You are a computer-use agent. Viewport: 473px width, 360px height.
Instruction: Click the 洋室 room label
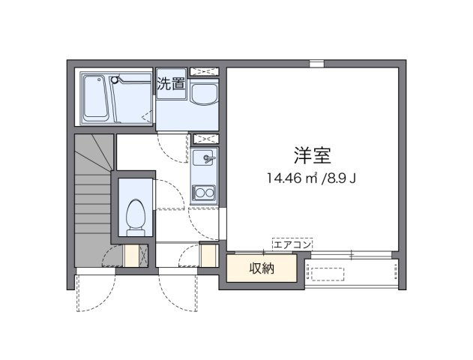tap(313, 155)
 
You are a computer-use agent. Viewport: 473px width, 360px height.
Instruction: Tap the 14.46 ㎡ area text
tap(292, 178)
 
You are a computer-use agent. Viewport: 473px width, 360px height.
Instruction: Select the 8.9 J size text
tap(340, 178)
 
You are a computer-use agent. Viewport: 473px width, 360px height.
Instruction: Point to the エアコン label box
tap(292, 244)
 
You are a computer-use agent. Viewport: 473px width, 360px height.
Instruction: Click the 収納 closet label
tap(262, 268)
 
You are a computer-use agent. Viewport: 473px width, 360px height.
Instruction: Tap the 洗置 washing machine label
tap(171, 84)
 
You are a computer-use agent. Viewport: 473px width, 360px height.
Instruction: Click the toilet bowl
tap(136, 214)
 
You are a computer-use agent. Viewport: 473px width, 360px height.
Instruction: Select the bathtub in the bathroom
tap(95, 98)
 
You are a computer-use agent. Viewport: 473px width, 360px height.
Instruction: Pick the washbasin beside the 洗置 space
tap(205, 93)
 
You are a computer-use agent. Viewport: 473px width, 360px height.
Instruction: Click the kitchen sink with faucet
tap(204, 156)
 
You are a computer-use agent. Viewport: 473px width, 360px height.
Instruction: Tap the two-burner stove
tap(204, 193)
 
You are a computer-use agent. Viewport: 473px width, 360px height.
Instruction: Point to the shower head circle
tap(114, 79)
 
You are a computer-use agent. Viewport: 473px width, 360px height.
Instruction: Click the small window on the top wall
tap(316, 64)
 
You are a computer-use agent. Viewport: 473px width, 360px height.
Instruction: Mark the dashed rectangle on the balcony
tap(328, 274)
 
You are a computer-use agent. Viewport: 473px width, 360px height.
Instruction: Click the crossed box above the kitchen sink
tap(206, 139)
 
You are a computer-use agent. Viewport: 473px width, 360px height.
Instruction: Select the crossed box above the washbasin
tap(204, 71)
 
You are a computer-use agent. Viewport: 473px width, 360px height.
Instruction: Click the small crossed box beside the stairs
tap(143, 256)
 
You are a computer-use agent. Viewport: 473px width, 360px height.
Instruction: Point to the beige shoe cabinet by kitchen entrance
tap(208, 256)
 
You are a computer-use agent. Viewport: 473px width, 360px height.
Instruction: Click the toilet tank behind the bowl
tap(136, 232)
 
